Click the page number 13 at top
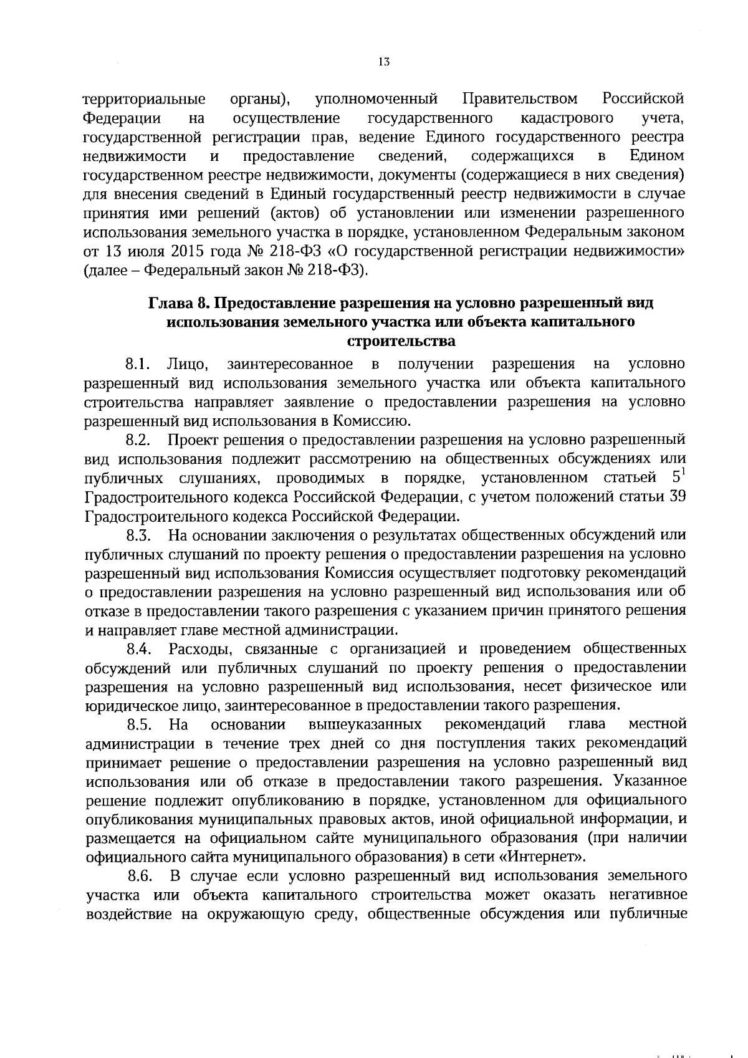click(383, 62)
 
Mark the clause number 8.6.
click(140, 876)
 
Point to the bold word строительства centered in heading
click(400, 342)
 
